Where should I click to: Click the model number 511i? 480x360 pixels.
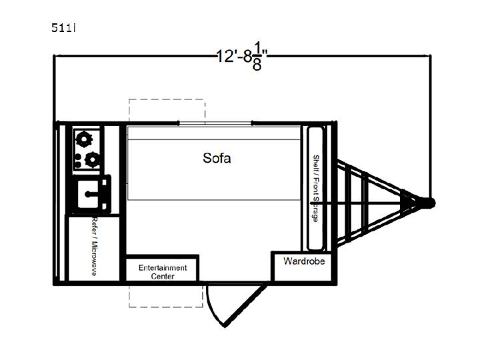click(x=63, y=28)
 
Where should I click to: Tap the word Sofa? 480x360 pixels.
click(x=217, y=158)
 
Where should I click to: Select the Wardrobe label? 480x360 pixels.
click(x=304, y=261)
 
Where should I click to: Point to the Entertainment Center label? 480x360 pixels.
click(x=163, y=272)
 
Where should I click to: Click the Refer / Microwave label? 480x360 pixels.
click(x=95, y=247)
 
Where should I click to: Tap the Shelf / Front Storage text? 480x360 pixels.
click(x=315, y=188)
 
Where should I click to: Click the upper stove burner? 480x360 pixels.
click(x=84, y=139)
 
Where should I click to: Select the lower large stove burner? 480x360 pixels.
click(x=92, y=159)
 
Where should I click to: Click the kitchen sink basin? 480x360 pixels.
click(x=87, y=194)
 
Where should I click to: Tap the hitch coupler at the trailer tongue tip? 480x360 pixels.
click(x=429, y=203)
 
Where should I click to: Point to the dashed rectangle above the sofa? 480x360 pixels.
click(x=167, y=111)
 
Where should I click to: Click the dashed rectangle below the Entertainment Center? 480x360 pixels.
click(x=165, y=296)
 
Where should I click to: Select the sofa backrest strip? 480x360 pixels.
click(x=214, y=133)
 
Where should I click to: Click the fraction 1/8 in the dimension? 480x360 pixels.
click(x=257, y=56)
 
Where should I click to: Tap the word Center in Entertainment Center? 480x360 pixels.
click(x=163, y=276)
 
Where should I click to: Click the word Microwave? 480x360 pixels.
click(x=95, y=259)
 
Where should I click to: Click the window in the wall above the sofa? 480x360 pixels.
click(x=215, y=123)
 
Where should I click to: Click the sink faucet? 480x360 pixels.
click(x=91, y=194)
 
